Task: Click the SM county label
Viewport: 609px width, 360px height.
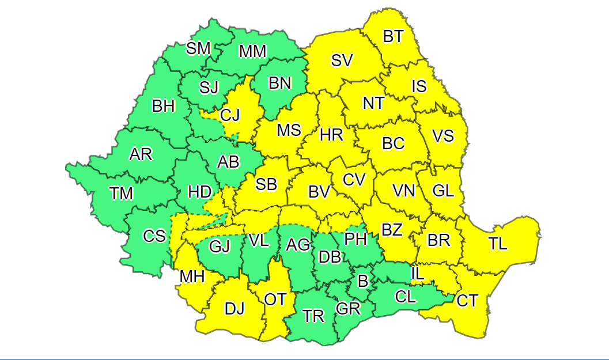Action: [198, 48]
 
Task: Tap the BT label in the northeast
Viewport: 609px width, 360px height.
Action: [393, 36]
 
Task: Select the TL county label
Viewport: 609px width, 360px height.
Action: [498, 244]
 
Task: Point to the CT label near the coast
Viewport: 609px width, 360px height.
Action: [467, 300]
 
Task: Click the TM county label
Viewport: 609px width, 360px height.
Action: [121, 194]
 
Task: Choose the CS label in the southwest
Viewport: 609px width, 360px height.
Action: [154, 236]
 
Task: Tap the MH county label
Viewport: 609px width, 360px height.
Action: [192, 277]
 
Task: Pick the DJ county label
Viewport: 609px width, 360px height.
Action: [234, 309]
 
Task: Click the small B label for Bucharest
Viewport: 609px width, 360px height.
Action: [362, 282]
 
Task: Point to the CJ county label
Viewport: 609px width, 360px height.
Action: [230, 115]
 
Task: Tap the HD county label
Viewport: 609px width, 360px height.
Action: [200, 192]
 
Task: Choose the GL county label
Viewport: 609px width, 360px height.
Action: [443, 191]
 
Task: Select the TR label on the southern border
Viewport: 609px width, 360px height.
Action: [314, 316]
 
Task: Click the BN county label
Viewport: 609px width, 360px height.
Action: [280, 84]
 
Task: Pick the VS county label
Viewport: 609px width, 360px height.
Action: [443, 136]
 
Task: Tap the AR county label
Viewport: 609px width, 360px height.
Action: [141, 154]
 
